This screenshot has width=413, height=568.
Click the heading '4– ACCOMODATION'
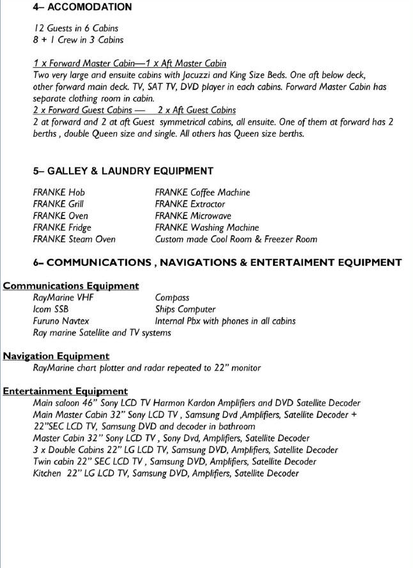pyautogui.click(x=82, y=7)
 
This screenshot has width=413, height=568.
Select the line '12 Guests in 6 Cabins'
pyautogui.click(x=75, y=28)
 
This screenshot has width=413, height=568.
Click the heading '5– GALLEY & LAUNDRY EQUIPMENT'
pyautogui.click(x=123, y=171)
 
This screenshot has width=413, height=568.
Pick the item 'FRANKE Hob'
pyautogui.click(x=59, y=192)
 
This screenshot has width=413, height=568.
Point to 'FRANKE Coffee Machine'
pyautogui.click(x=202, y=192)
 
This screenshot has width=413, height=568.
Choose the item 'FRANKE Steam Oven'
pyautogui.click(x=74, y=239)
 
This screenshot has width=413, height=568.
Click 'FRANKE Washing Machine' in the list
pyautogui.click(x=207, y=227)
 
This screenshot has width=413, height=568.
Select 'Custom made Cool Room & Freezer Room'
pyautogui.click(x=236, y=239)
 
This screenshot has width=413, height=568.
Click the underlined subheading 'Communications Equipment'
pyautogui.click(x=71, y=286)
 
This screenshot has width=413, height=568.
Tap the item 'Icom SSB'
pyautogui.click(x=51, y=309)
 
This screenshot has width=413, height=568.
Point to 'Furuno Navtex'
pyautogui.click(x=61, y=321)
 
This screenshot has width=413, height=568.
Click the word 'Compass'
pyautogui.click(x=172, y=298)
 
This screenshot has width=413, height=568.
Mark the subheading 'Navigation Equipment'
pyautogui.click(x=56, y=356)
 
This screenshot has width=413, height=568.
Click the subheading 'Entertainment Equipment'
pyautogui.click(x=65, y=391)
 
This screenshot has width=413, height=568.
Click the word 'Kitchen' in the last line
pyautogui.click(x=47, y=473)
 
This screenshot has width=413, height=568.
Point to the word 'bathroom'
pyautogui.click(x=235, y=426)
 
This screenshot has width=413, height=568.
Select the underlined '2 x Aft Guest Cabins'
pyautogui.click(x=197, y=110)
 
